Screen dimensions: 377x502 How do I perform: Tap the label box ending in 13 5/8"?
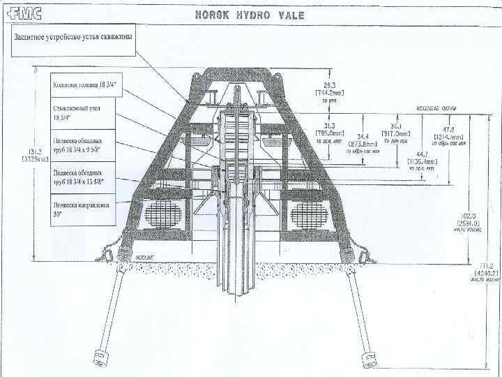click(82, 177)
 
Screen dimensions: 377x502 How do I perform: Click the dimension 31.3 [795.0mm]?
click(330, 129)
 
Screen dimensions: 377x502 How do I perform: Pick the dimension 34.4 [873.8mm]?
click(365, 141)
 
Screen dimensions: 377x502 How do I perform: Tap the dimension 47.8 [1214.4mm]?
click(446, 133)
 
